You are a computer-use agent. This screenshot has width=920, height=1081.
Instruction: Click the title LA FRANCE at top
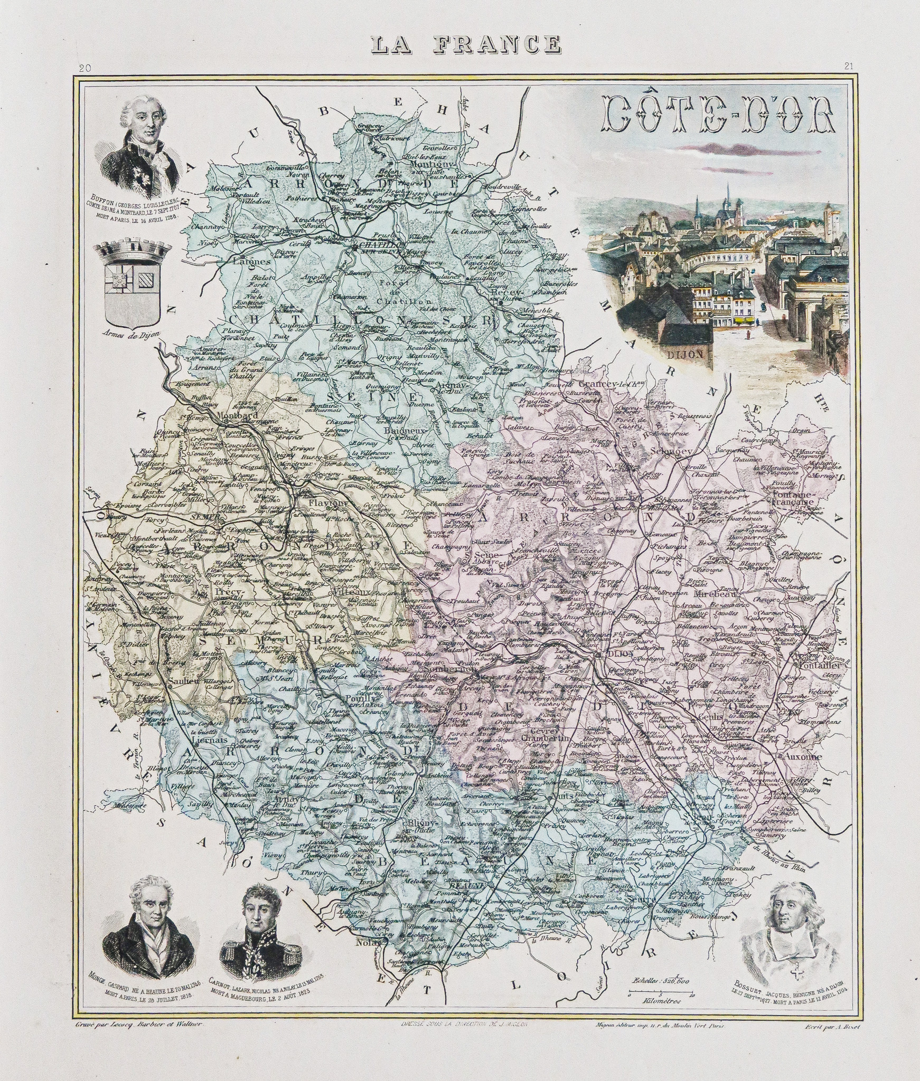[466, 44]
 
